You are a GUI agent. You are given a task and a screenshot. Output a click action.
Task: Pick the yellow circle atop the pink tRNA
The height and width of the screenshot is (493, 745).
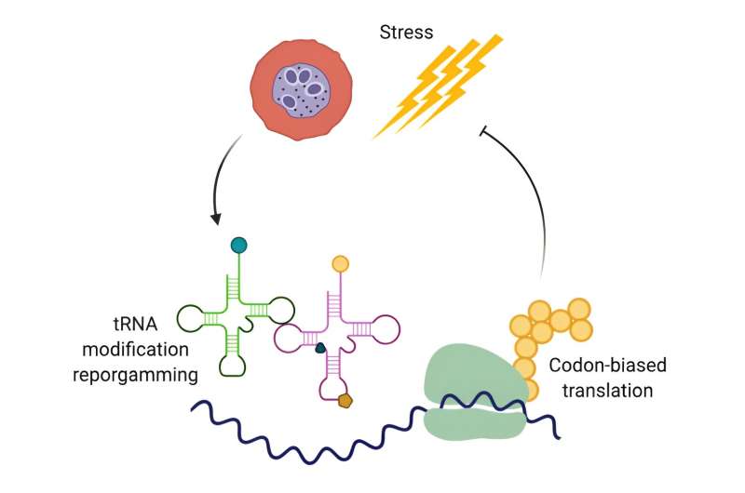(x=340, y=263)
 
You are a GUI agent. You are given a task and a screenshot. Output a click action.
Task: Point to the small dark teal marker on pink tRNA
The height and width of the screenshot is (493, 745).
(x=319, y=349)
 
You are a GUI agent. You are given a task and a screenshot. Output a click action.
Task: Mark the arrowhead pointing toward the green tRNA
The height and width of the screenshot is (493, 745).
(x=216, y=220)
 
